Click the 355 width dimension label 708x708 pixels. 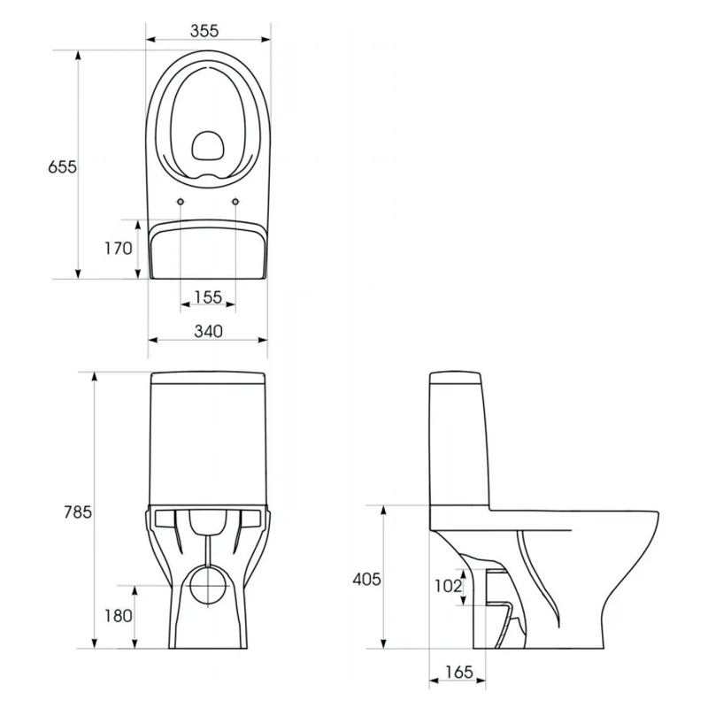[204, 31]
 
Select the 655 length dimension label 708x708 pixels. [62, 167]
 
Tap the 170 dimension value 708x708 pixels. [119, 248]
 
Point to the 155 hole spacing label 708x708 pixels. [208, 297]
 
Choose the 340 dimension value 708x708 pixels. [208, 331]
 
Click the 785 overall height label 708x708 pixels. [78, 512]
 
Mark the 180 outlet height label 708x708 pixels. [119, 615]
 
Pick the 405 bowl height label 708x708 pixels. [366, 579]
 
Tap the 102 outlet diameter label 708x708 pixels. [448, 586]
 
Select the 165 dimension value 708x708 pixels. [458, 673]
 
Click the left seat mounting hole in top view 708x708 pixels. [181, 202]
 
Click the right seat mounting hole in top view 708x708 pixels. [235, 202]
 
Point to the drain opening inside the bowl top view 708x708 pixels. [208, 146]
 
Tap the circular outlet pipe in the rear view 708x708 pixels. [208, 586]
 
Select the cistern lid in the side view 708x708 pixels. [455, 378]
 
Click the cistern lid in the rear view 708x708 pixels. [208, 378]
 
